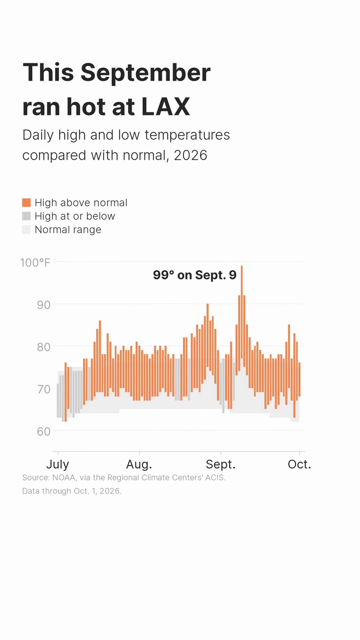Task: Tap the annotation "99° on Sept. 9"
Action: click(x=195, y=275)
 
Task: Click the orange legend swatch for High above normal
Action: click(x=26, y=203)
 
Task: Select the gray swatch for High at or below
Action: click(x=26, y=216)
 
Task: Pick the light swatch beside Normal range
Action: click(x=26, y=230)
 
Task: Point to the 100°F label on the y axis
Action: click(x=35, y=263)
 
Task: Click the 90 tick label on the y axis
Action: click(x=44, y=305)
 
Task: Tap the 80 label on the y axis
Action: click(x=44, y=347)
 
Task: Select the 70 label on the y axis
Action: click(x=44, y=389)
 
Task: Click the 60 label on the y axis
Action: click(x=44, y=431)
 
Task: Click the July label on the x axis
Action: click(x=58, y=464)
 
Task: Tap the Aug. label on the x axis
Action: click(x=139, y=464)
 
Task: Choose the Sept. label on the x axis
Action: click(x=221, y=464)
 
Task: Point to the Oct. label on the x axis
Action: click(x=299, y=464)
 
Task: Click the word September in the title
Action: click(x=145, y=73)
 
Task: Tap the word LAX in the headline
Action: click(x=166, y=107)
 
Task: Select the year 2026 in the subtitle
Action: click(x=191, y=155)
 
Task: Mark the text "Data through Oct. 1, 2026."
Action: click(x=72, y=491)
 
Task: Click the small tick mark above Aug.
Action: click(x=139, y=453)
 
